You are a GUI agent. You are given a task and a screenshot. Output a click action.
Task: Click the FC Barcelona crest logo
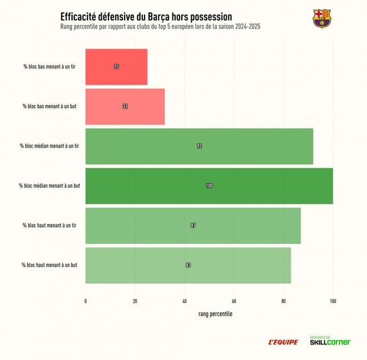pyautogui.click(x=321, y=19)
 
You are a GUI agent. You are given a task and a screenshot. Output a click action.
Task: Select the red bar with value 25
pyautogui.click(x=116, y=67)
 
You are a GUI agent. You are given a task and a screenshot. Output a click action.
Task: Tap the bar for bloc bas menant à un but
pyautogui.click(x=125, y=106)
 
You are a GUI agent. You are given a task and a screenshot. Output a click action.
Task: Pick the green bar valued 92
pyautogui.click(x=199, y=146)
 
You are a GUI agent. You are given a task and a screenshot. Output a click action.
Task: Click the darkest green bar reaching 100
pyautogui.click(x=209, y=186)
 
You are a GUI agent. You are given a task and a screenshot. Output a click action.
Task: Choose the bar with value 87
pyautogui.click(x=193, y=226)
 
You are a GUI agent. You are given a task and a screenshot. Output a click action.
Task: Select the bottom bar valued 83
pyautogui.click(x=188, y=265)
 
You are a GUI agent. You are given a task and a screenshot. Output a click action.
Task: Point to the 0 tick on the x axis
pyautogui.click(x=86, y=301)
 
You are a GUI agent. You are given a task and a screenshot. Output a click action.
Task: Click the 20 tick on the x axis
pyautogui.click(x=135, y=301)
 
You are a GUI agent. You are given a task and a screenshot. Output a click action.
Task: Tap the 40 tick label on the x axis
pyautogui.click(x=185, y=301)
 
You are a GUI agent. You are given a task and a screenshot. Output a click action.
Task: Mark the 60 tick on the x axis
pyautogui.click(x=234, y=301)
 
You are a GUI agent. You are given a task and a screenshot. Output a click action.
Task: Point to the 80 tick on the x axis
pyautogui.click(x=284, y=301)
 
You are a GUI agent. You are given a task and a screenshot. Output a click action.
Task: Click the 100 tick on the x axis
pyautogui.click(x=333, y=301)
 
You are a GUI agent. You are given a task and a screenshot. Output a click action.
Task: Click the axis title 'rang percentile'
pyautogui.click(x=215, y=314)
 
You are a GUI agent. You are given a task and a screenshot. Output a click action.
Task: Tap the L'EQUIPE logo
pyautogui.click(x=284, y=342)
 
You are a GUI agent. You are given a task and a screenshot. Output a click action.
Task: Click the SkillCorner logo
pyautogui.click(x=330, y=341)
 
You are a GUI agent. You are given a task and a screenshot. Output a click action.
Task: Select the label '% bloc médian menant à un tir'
pyautogui.click(x=49, y=146)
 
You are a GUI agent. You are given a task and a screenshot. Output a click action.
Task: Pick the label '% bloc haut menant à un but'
pyautogui.click(x=49, y=265)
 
